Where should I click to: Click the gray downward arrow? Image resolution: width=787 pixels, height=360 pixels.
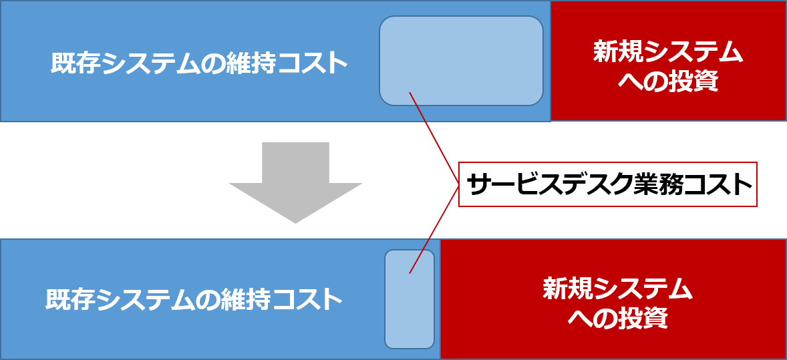point(295,180)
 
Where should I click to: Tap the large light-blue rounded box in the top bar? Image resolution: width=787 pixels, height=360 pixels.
point(461,60)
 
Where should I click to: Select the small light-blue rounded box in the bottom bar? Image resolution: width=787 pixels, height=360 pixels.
point(410,299)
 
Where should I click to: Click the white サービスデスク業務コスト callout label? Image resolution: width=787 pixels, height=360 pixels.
point(607,184)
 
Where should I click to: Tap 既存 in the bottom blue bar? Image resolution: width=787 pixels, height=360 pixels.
point(68,299)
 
